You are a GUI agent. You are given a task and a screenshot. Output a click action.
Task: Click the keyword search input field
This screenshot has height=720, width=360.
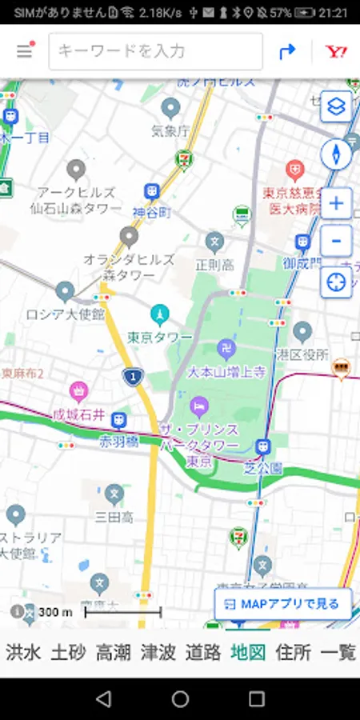click(x=155, y=51)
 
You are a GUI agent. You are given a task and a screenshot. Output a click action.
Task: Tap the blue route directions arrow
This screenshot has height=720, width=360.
click(x=287, y=51)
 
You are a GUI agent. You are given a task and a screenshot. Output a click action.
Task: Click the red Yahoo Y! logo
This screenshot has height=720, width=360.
click(x=336, y=51)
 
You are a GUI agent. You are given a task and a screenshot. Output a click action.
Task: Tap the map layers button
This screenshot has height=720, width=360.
click(x=336, y=106)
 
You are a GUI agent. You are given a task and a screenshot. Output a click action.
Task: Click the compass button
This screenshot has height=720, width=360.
click(x=336, y=154)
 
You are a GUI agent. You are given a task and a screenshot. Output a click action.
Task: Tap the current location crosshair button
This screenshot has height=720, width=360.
click(x=336, y=282)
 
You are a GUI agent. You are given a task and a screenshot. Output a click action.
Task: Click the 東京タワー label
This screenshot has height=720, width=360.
click(x=160, y=337)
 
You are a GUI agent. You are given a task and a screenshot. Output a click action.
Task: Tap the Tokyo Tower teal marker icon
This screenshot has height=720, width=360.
click(x=160, y=313)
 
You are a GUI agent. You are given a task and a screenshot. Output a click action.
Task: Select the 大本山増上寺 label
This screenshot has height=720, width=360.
click(x=226, y=372)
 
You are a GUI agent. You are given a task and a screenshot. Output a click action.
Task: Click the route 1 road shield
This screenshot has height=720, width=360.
click(x=133, y=375)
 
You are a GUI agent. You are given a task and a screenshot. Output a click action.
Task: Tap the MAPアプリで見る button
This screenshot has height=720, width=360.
click(x=283, y=604)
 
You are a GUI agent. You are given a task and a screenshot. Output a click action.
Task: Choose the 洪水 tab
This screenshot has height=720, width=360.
click(x=23, y=652)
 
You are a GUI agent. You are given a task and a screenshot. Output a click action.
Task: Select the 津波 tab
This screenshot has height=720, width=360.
click(x=158, y=652)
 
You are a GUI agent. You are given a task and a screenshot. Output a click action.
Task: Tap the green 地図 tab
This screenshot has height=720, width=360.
click(x=247, y=652)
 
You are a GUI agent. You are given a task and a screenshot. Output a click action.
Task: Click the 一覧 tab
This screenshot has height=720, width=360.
click(x=338, y=652)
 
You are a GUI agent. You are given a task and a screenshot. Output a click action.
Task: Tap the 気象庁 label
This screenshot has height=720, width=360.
click(x=170, y=130)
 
